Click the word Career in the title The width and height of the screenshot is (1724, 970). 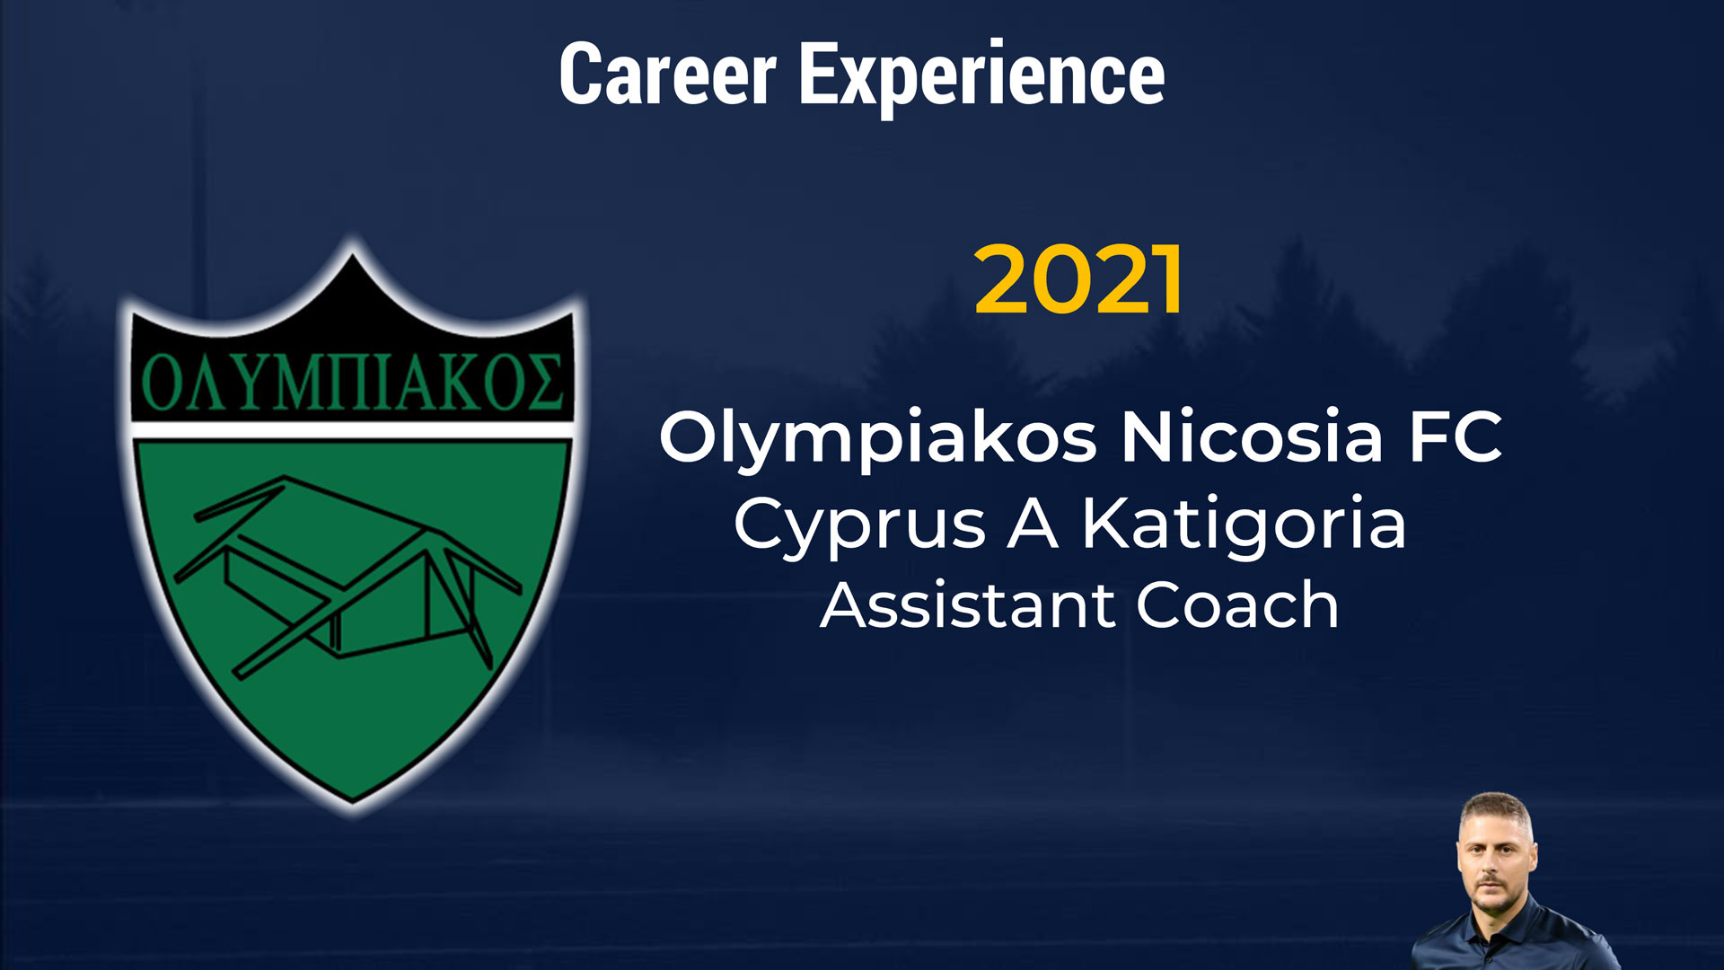pyautogui.click(x=667, y=75)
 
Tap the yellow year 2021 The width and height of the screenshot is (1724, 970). pyautogui.click(x=1079, y=279)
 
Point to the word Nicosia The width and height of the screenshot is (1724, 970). pyautogui.click(x=1252, y=436)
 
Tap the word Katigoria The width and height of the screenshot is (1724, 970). pyautogui.click(x=1244, y=524)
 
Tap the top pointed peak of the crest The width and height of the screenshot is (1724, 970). pyautogui.click(x=352, y=254)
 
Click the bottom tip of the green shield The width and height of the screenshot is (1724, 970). pyautogui.click(x=353, y=798)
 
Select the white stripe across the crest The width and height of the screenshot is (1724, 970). pyautogui.click(x=352, y=430)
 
